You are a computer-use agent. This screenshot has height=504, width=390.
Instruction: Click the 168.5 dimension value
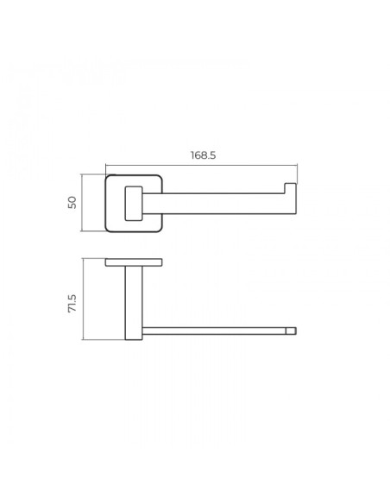pos(203,155)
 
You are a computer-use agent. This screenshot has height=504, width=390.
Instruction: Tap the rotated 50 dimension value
pos(72,203)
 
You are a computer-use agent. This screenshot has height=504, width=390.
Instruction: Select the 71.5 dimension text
pos(72,303)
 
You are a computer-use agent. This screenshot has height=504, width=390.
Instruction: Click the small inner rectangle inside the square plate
pos(134,203)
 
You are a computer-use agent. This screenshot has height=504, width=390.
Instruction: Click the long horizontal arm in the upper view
pos(219,204)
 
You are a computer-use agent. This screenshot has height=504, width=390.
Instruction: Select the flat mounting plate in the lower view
pos(134,262)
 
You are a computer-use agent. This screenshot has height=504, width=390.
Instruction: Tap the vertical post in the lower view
pos(134,303)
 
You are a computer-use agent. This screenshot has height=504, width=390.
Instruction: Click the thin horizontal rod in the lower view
pos(214,331)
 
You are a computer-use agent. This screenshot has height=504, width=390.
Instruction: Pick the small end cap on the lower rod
pos(291,331)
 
